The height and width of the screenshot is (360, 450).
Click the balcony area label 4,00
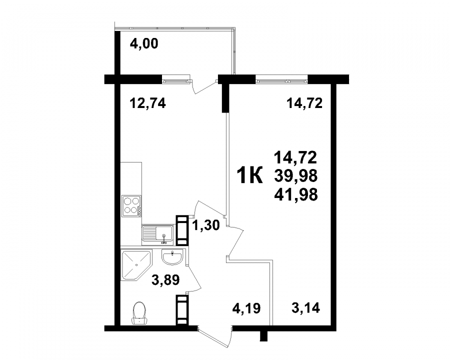144,44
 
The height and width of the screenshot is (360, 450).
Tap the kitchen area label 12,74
148,103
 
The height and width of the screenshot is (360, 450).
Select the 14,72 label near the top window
304,103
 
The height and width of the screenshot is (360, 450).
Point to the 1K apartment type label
249,175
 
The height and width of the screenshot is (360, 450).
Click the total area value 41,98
296,195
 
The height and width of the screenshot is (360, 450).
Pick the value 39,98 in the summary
296,175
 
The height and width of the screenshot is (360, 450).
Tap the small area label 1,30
206,225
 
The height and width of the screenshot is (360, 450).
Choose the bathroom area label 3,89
165,279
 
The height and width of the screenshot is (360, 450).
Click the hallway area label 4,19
246,308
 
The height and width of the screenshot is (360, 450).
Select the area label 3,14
305,308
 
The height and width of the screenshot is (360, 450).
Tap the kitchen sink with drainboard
157,235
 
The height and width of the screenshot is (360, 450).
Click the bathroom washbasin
172,256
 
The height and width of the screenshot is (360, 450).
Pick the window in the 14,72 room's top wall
281,79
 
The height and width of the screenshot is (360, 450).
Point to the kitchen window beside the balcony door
176,79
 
